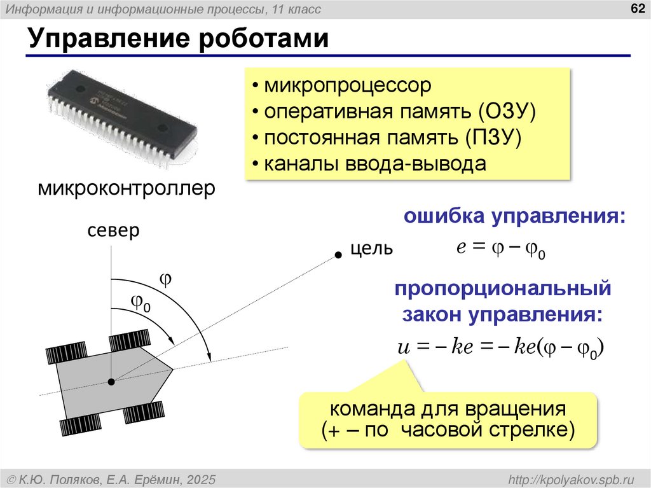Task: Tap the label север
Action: tap(113, 230)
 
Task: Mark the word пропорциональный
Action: tap(502, 289)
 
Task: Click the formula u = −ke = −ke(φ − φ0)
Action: tap(500, 348)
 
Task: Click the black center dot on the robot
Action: tap(111, 382)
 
